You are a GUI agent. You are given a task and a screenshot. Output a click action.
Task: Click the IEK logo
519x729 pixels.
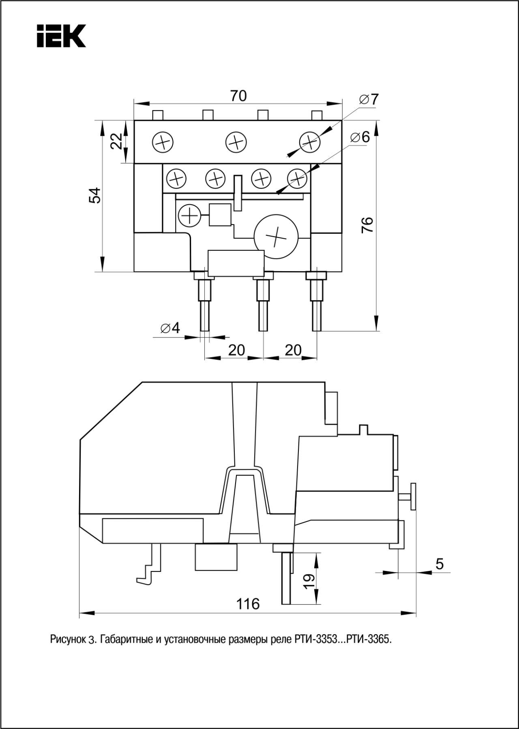61,36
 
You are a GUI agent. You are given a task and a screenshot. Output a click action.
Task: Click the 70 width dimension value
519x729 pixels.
238,96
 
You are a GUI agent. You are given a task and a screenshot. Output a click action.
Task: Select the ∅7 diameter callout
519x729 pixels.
368,99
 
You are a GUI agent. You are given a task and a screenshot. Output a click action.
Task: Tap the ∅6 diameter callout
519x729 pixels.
360,137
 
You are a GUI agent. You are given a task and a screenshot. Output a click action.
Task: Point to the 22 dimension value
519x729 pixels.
117,141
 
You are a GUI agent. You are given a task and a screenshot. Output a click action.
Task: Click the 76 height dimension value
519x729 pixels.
367,224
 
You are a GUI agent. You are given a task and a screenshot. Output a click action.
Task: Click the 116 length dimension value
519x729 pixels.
248,604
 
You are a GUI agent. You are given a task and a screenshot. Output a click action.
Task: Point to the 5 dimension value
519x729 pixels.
440,564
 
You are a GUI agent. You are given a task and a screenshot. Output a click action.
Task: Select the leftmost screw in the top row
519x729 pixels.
163,143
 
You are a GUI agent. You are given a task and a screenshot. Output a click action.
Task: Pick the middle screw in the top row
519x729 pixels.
236,143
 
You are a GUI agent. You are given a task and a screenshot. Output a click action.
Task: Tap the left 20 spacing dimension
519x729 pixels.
236,350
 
